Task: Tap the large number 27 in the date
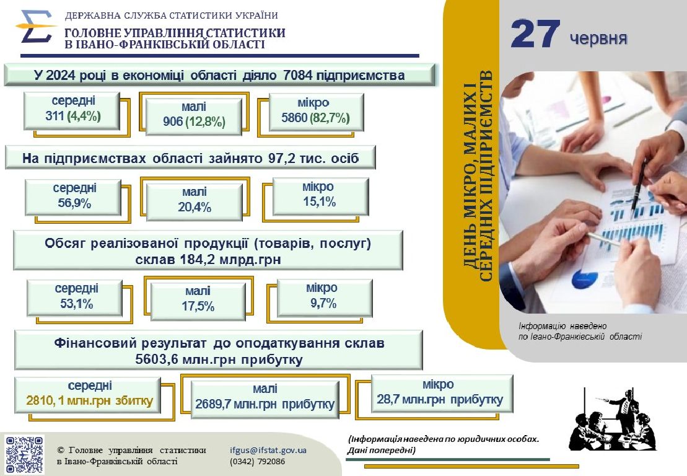[535, 33]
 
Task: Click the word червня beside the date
[598, 38]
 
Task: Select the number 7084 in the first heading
[298, 76]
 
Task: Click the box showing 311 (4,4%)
[72, 110]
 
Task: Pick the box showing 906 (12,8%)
[194, 116]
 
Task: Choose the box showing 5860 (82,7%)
[316, 112]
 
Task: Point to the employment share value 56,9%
[74, 203]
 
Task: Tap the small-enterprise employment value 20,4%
[195, 207]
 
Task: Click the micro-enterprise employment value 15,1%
[320, 201]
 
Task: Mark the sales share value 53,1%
[77, 304]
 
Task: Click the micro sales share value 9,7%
[323, 303]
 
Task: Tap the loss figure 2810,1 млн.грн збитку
[89, 400]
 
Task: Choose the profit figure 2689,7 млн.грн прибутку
[265, 403]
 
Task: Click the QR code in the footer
[25, 454]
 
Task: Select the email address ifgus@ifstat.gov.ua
[268, 450]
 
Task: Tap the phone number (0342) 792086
[257, 462]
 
